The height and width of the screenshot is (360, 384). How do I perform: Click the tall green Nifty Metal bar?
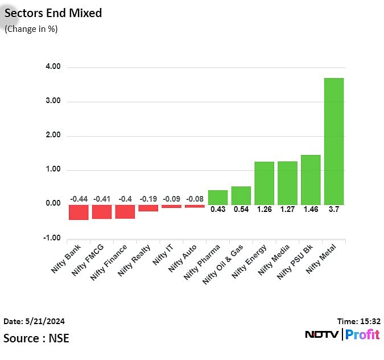[334, 141]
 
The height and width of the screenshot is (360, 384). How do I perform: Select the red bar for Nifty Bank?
[79, 212]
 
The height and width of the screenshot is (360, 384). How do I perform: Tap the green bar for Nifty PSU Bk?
[311, 179]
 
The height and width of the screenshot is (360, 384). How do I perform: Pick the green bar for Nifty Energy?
[264, 183]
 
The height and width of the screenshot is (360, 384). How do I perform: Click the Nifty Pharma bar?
[218, 197]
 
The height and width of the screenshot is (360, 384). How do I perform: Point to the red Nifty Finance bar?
[125, 211]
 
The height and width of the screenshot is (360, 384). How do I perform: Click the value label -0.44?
[79, 199]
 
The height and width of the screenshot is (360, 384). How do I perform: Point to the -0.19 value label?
[148, 199]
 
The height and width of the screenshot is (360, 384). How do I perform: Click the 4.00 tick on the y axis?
[53, 67]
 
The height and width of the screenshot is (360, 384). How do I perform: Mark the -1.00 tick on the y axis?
[52, 239]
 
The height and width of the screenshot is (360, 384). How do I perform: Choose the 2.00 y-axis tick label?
[53, 136]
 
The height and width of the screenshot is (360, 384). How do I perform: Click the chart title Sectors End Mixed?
[53, 13]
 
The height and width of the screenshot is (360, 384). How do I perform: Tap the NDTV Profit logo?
[342, 334]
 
